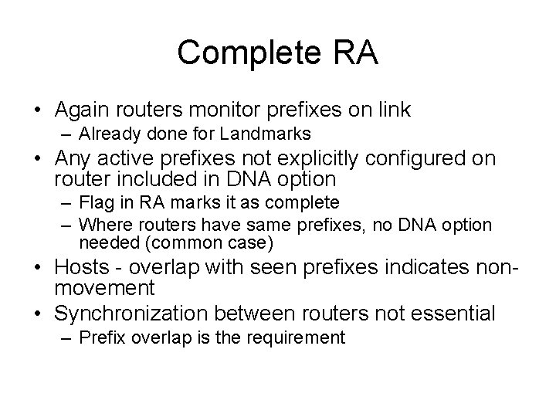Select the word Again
(x=83, y=110)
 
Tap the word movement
(x=104, y=289)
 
